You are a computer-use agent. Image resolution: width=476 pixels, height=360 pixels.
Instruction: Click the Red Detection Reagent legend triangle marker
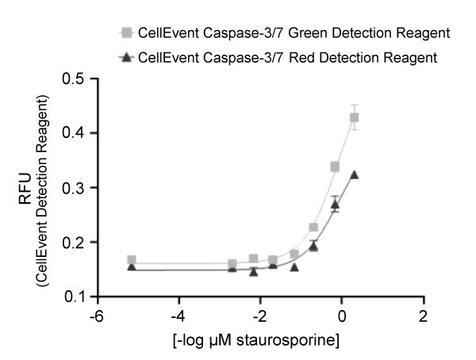[124, 59]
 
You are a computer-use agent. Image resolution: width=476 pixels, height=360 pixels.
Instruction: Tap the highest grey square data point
[355, 117]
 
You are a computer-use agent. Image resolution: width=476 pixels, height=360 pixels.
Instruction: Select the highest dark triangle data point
[355, 174]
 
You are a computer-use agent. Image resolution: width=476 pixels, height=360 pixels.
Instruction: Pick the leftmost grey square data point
[132, 260]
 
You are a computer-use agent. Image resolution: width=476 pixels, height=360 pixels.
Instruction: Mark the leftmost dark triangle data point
[132, 267]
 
